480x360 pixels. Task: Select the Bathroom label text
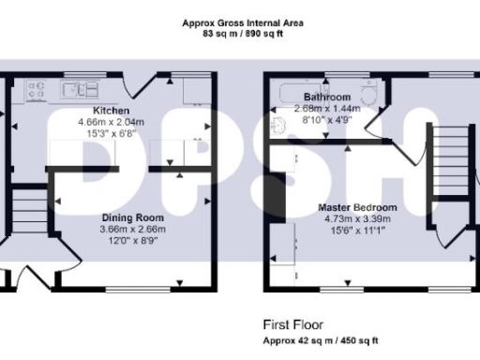[327, 97]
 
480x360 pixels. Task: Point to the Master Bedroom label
[357, 207]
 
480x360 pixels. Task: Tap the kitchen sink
[81, 90]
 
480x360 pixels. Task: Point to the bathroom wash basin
[280, 126]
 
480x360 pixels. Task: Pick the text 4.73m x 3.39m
[357, 217]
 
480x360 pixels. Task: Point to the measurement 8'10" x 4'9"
[327, 119]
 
